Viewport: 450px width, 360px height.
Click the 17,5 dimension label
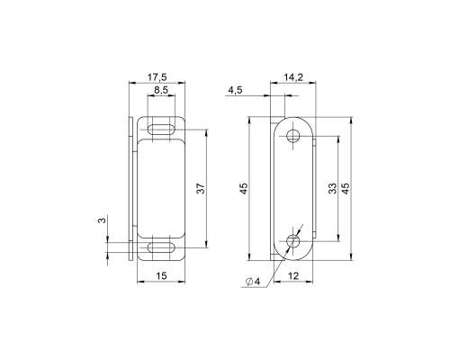pos(158,77)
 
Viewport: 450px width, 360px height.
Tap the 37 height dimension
pos(201,188)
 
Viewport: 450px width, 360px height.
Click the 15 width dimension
pos(160,275)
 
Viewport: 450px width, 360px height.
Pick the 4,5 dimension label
pos(235,91)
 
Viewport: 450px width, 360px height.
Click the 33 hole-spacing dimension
pos(332,188)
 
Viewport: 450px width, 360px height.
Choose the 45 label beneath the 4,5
pos(243,188)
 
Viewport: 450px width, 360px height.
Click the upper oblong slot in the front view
pos(160,129)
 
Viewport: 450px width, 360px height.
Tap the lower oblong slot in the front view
pos(160,246)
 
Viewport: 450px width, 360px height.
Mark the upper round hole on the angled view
pos(294,137)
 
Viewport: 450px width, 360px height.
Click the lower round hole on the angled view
pos(294,241)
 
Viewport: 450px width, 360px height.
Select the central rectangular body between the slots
pos(160,187)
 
